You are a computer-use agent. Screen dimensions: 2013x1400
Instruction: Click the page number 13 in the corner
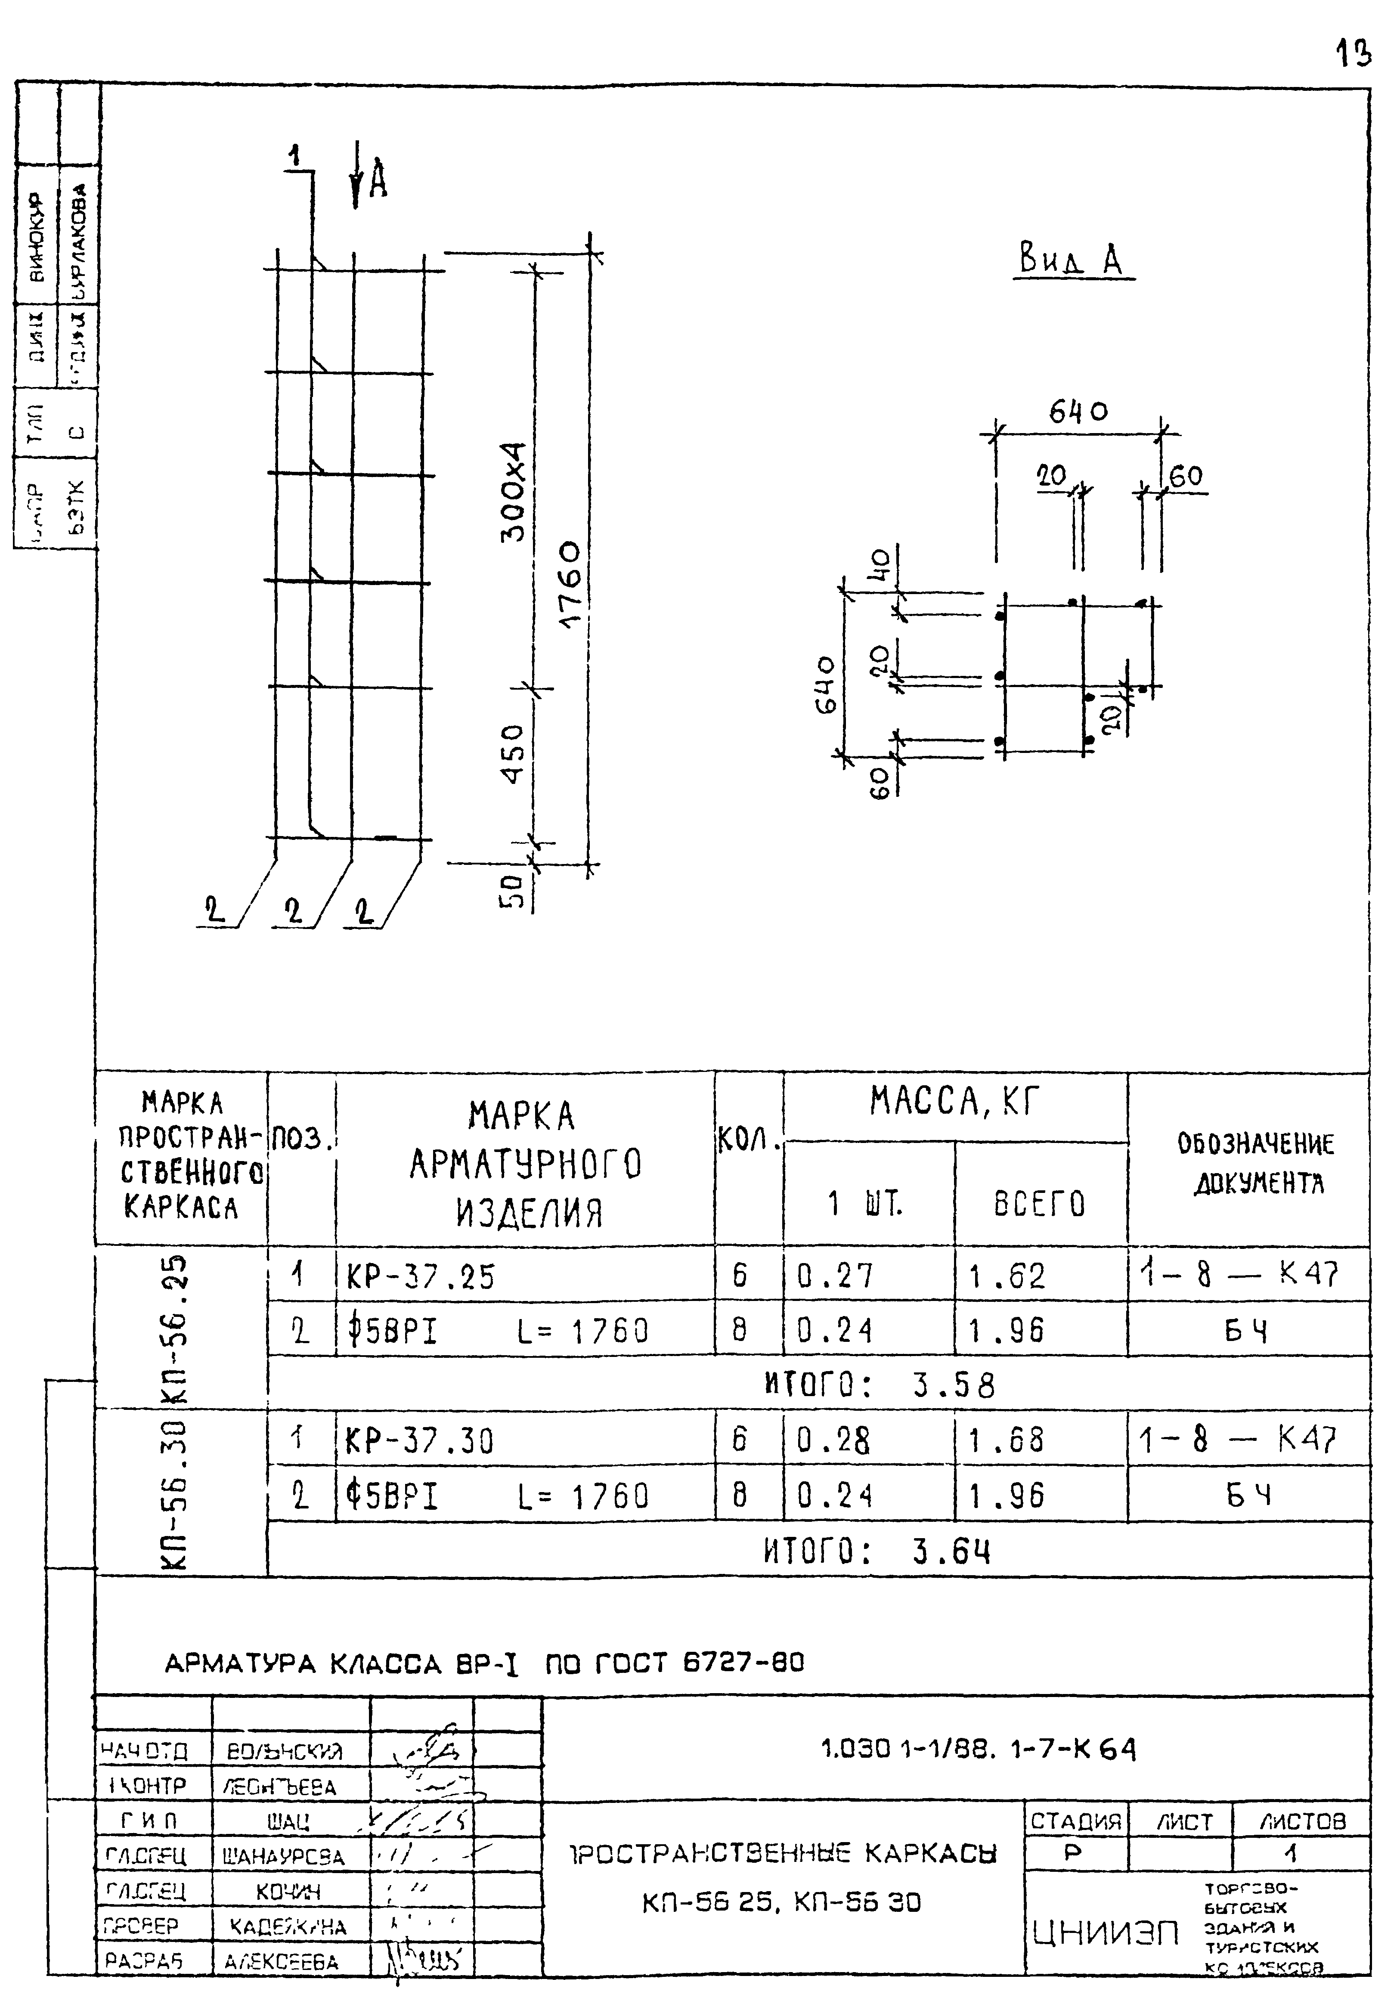[1353, 54]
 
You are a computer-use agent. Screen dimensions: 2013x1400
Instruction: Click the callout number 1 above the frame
[295, 156]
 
